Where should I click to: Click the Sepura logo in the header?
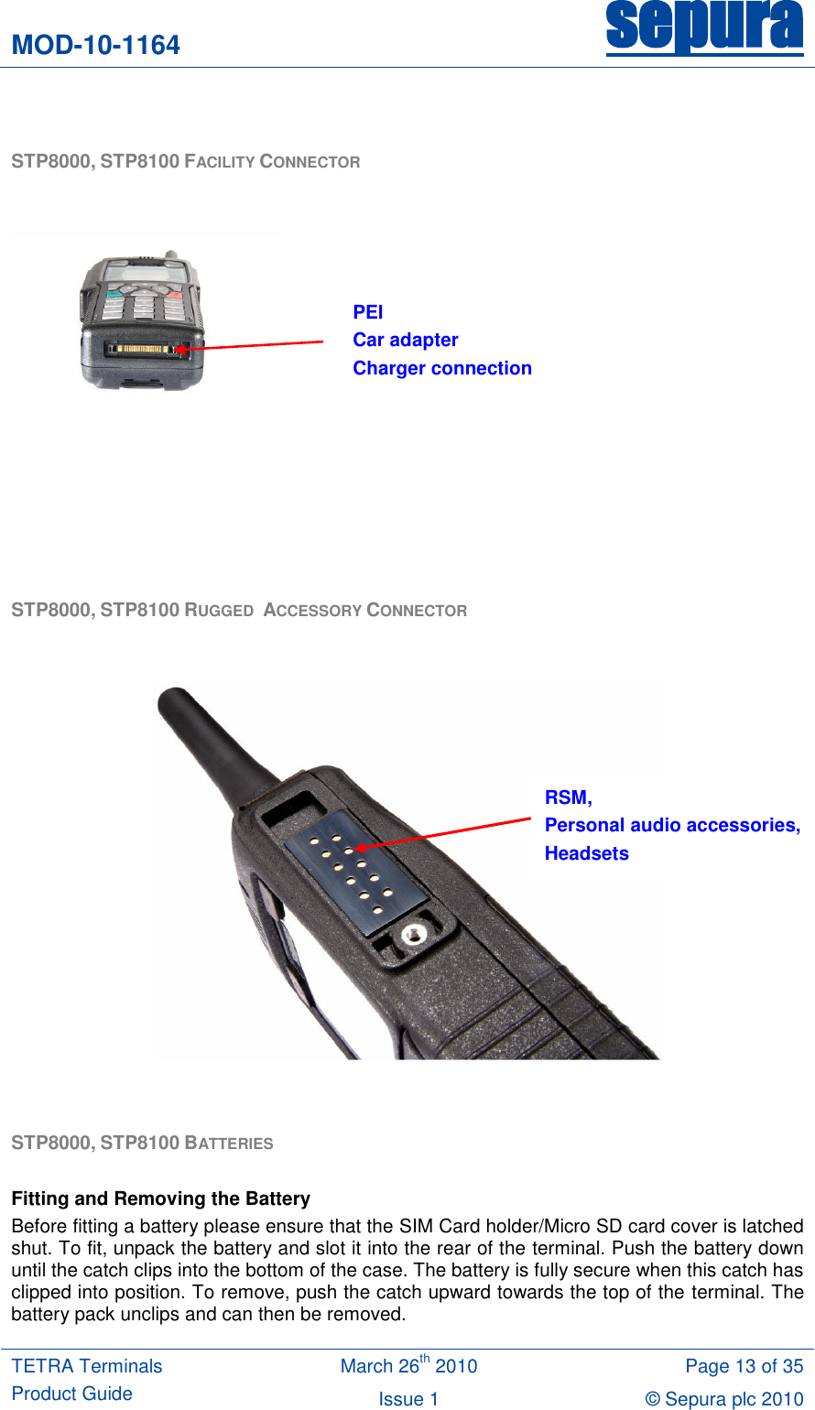click(704, 27)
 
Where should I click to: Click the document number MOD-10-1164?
click(95, 45)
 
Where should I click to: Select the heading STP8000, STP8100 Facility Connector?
click(185, 162)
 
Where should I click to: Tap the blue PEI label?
click(368, 312)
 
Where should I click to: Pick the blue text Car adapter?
click(406, 340)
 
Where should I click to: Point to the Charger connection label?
click(442, 368)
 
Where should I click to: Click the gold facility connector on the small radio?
click(142, 349)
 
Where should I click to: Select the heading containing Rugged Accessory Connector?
click(239, 611)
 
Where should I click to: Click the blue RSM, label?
click(569, 797)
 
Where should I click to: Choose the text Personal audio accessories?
click(672, 825)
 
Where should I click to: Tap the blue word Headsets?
click(587, 853)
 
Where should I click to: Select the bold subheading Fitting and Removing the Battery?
click(160, 1198)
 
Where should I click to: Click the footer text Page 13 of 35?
click(744, 1366)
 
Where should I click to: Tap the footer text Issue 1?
click(408, 1398)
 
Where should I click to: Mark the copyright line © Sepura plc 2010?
click(723, 1398)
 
